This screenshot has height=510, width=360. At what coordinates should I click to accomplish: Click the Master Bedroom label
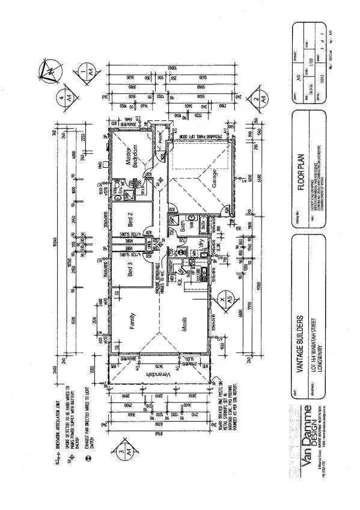131,155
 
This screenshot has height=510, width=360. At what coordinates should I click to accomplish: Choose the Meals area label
186,325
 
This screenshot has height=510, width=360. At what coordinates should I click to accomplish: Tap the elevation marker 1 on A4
84,76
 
